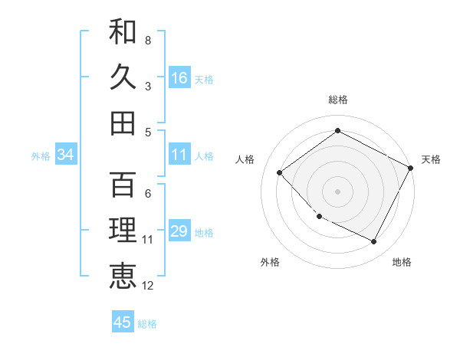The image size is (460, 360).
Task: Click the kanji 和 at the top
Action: tap(123, 32)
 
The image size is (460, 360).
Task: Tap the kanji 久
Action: tap(123, 77)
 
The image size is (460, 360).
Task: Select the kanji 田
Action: tap(123, 123)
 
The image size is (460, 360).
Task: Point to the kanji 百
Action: tap(123, 184)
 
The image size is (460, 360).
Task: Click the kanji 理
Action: tap(123, 230)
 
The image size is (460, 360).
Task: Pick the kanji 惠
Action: tap(123, 276)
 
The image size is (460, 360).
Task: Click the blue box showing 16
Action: tap(179, 77)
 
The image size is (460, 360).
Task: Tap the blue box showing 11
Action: tap(179, 155)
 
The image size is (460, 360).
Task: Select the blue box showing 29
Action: tap(179, 231)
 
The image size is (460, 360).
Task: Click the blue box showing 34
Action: tap(66, 155)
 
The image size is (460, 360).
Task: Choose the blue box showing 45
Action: tap(123, 322)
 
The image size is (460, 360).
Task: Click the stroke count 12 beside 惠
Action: tap(148, 286)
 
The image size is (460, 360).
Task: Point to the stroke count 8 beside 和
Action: tap(148, 40)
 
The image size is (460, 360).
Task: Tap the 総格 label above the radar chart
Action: tap(337, 100)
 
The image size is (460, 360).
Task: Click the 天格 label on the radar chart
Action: tap(431, 159)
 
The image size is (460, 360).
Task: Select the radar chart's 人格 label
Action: tap(245, 159)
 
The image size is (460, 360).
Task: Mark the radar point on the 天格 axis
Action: tap(411, 168)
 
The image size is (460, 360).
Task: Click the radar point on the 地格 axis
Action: tap(374, 242)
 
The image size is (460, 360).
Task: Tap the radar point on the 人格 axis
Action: tap(280, 172)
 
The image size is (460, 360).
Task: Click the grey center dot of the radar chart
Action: tap(337, 191)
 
